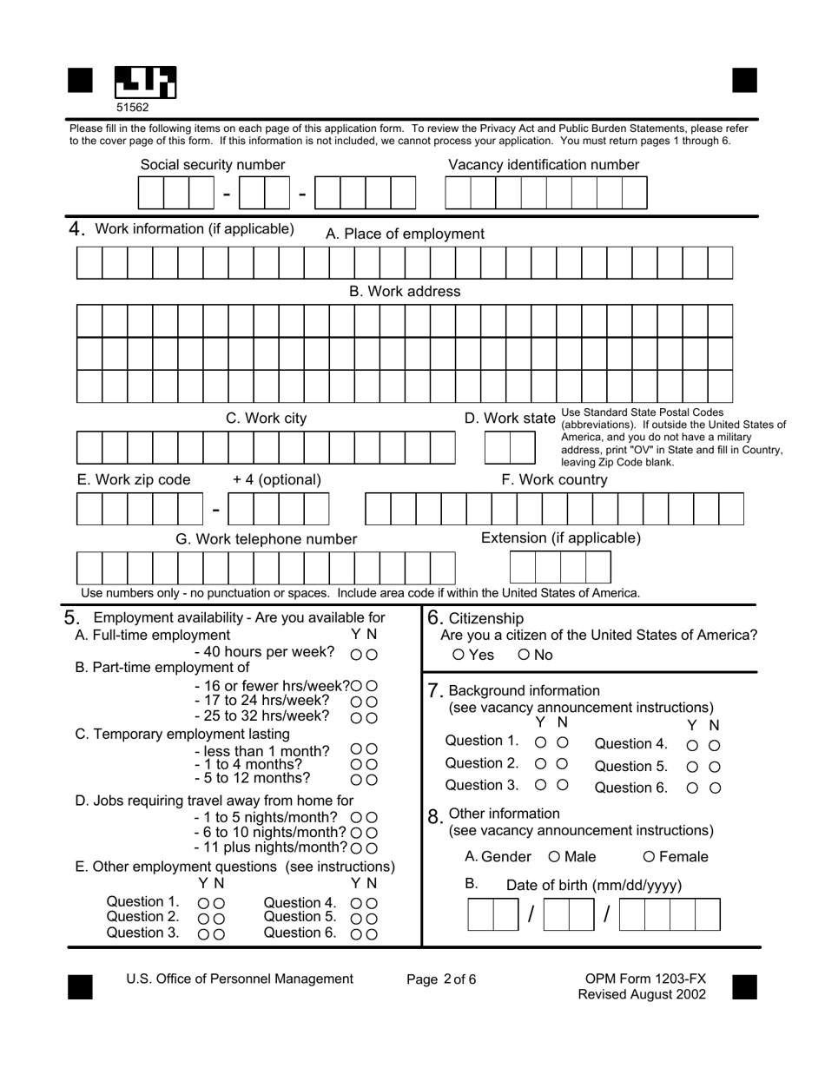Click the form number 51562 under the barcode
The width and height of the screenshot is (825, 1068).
(133, 108)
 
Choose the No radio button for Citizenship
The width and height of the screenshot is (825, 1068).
(524, 656)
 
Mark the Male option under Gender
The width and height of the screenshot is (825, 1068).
(555, 858)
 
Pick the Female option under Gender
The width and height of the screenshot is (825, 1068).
(649, 858)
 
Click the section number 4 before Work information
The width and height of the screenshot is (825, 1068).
(76, 229)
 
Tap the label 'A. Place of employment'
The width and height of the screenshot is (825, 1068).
(405, 234)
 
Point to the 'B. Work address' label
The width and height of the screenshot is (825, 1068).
(405, 292)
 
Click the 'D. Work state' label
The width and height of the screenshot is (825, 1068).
(509, 419)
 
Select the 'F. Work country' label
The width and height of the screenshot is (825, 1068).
(554, 480)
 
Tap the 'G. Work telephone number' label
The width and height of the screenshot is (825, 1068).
(266, 539)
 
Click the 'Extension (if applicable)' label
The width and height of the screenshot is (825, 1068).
(561, 538)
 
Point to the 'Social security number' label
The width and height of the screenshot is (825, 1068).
(213, 165)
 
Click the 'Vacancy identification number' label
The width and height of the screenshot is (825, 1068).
(544, 165)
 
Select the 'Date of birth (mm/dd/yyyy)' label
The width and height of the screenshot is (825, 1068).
(594, 886)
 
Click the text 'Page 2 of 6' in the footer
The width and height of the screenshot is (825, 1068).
(441, 979)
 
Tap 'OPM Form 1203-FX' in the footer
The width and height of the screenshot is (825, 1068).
(645, 979)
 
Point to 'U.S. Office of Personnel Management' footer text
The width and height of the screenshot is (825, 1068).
(240, 979)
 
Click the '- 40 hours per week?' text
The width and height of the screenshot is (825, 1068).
(264, 652)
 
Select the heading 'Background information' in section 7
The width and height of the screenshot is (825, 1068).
(524, 691)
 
